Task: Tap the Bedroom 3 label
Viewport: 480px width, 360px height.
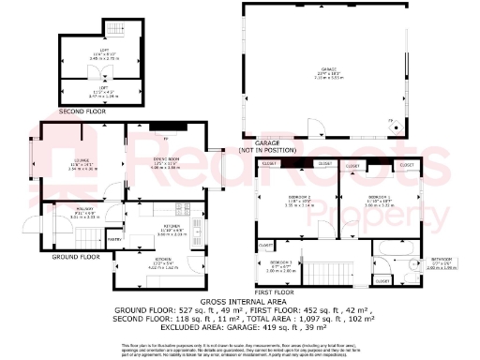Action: (x=281, y=265)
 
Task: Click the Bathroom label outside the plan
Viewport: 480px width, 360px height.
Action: (x=440, y=260)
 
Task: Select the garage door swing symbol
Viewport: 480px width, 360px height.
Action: (x=318, y=128)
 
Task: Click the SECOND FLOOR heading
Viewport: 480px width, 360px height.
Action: (x=81, y=111)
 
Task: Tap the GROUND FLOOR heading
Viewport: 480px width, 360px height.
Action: (x=76, y=256)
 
